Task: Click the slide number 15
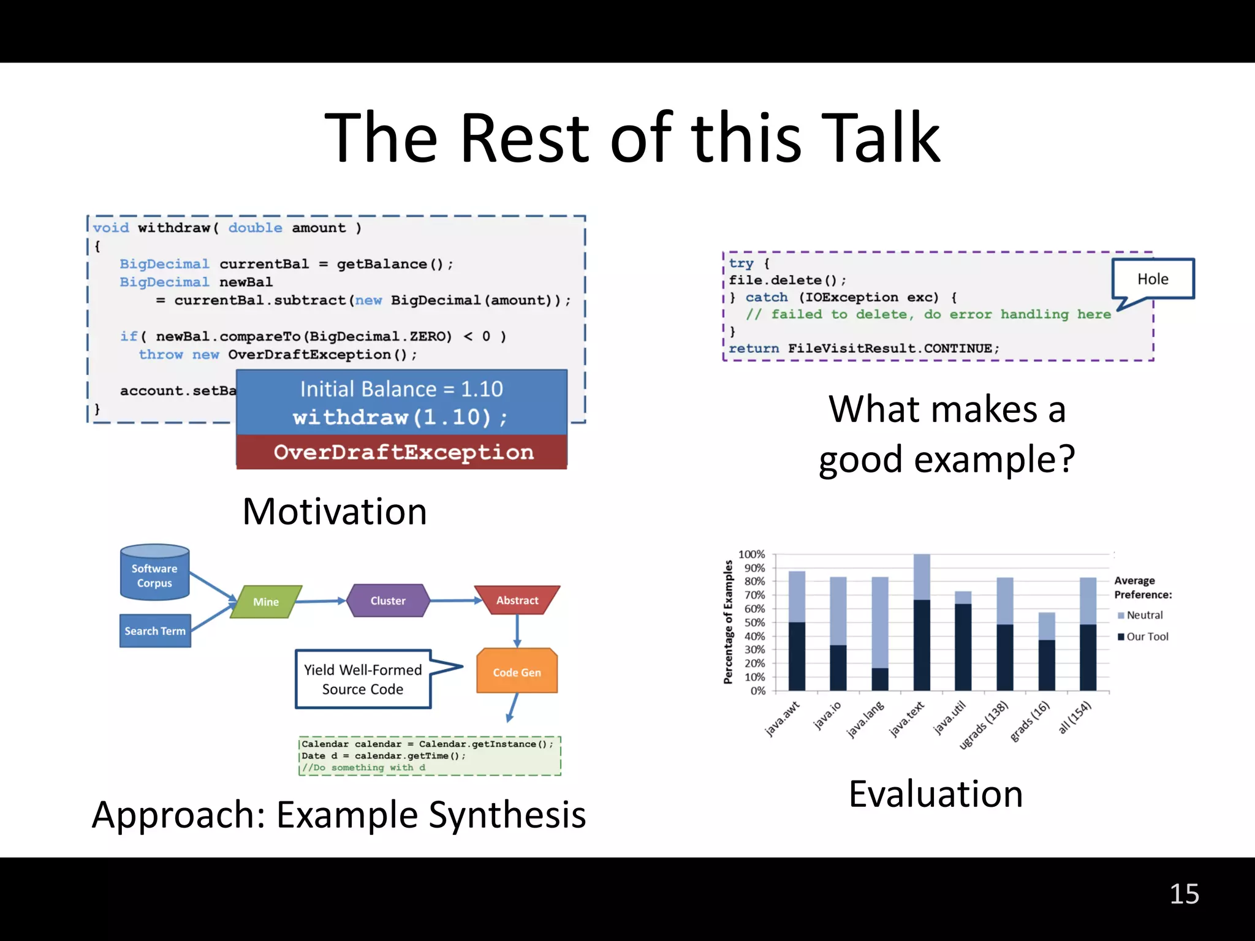pos(1184,894)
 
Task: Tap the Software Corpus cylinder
pos(154,573)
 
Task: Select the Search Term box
pos(155,631)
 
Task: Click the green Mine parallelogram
pos(266,602)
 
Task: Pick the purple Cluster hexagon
pos(388,601)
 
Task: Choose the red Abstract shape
pos(517,600)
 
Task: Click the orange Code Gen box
pos(517,672)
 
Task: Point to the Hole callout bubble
pos(1153,279)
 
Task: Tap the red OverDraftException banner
pos(403,452)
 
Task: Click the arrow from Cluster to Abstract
pos(452,600)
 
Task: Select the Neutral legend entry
pos(1143,615)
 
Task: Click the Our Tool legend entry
pos(1147,637)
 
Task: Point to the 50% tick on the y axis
pos(754,622)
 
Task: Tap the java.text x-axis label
pos(907,719)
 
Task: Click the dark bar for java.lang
pos(880,679)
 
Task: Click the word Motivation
pos(335,512)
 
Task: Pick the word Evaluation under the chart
pos(936,794)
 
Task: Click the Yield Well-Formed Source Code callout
pos(363,679)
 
